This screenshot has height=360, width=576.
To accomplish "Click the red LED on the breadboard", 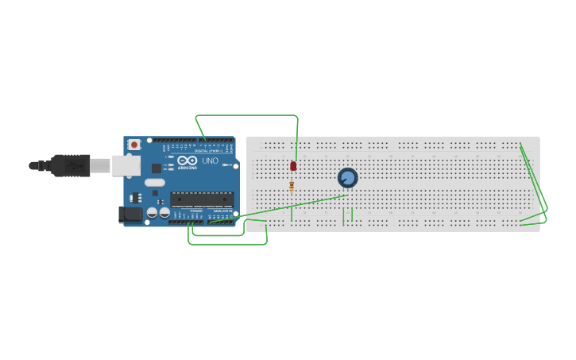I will coord(293,166).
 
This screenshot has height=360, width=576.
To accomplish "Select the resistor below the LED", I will coord(292,187).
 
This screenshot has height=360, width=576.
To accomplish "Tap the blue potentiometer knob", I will coord(347,178).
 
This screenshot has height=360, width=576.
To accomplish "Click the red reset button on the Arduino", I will coord(134,145).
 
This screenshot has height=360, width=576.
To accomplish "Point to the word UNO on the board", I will coord(210,161).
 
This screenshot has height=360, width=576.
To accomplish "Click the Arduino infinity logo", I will coord(187,161).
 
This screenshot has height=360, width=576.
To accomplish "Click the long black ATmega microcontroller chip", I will coord(202,199).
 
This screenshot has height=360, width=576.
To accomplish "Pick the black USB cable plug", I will coord(71,165).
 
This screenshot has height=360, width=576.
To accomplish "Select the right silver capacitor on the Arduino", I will coord(164,213).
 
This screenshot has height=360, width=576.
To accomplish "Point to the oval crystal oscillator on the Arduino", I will coord(155,183).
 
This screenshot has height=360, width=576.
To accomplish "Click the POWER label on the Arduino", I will coord(195,211).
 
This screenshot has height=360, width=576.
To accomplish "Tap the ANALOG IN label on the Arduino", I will coord(222,211).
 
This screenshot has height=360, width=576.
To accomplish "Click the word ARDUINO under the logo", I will coord(187,168).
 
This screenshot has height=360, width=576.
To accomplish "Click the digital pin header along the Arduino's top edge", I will coord(199,141).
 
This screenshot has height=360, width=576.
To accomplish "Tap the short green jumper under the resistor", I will coord(292,213).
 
